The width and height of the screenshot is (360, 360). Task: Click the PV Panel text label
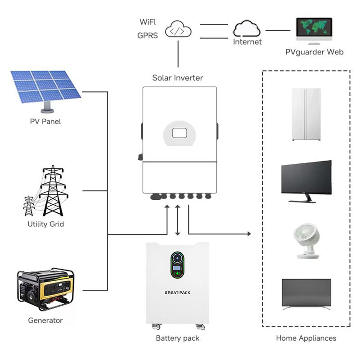pyautogui.click(x=45, y=121)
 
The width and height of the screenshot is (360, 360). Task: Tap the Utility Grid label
pyautogui.click(x=46, y=224)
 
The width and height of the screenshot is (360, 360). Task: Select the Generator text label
pyautogui.click(x=45, y=320)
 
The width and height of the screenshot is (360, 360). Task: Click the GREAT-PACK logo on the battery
pyautogui.click(x=177, y=293)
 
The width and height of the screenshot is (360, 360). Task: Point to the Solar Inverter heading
pyautogui.click(x=178, y=78)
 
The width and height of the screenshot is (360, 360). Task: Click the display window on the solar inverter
pyautogui.click(x=180, y=133)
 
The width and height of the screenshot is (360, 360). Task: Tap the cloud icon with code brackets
pyautogui.click(x=178, y=29)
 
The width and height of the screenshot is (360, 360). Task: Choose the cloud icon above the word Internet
pyautogui.click(x=247, y=28)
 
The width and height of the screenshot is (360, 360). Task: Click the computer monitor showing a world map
pyautogui.click(x=314, y=31)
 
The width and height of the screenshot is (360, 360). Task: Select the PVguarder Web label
pyautogui.click(x=314, y=52)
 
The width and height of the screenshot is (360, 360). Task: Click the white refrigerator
pyautogui.click(x=306, y=114)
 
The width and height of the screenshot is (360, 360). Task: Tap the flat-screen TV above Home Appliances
pyautogui.click(x=306, y=294)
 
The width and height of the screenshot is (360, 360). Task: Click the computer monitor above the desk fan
pyautogui.click(x=306, y=181)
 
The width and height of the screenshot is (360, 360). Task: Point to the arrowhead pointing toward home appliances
pyautogui.click(x=249, y=234)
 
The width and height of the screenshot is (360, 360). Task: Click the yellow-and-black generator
pyautogui.click(x=45, y=289)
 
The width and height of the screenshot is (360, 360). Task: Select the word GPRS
pyautogui.click(x=148, y=36)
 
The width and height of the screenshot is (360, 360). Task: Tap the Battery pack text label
pyautogui.click(x=177, y=338)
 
